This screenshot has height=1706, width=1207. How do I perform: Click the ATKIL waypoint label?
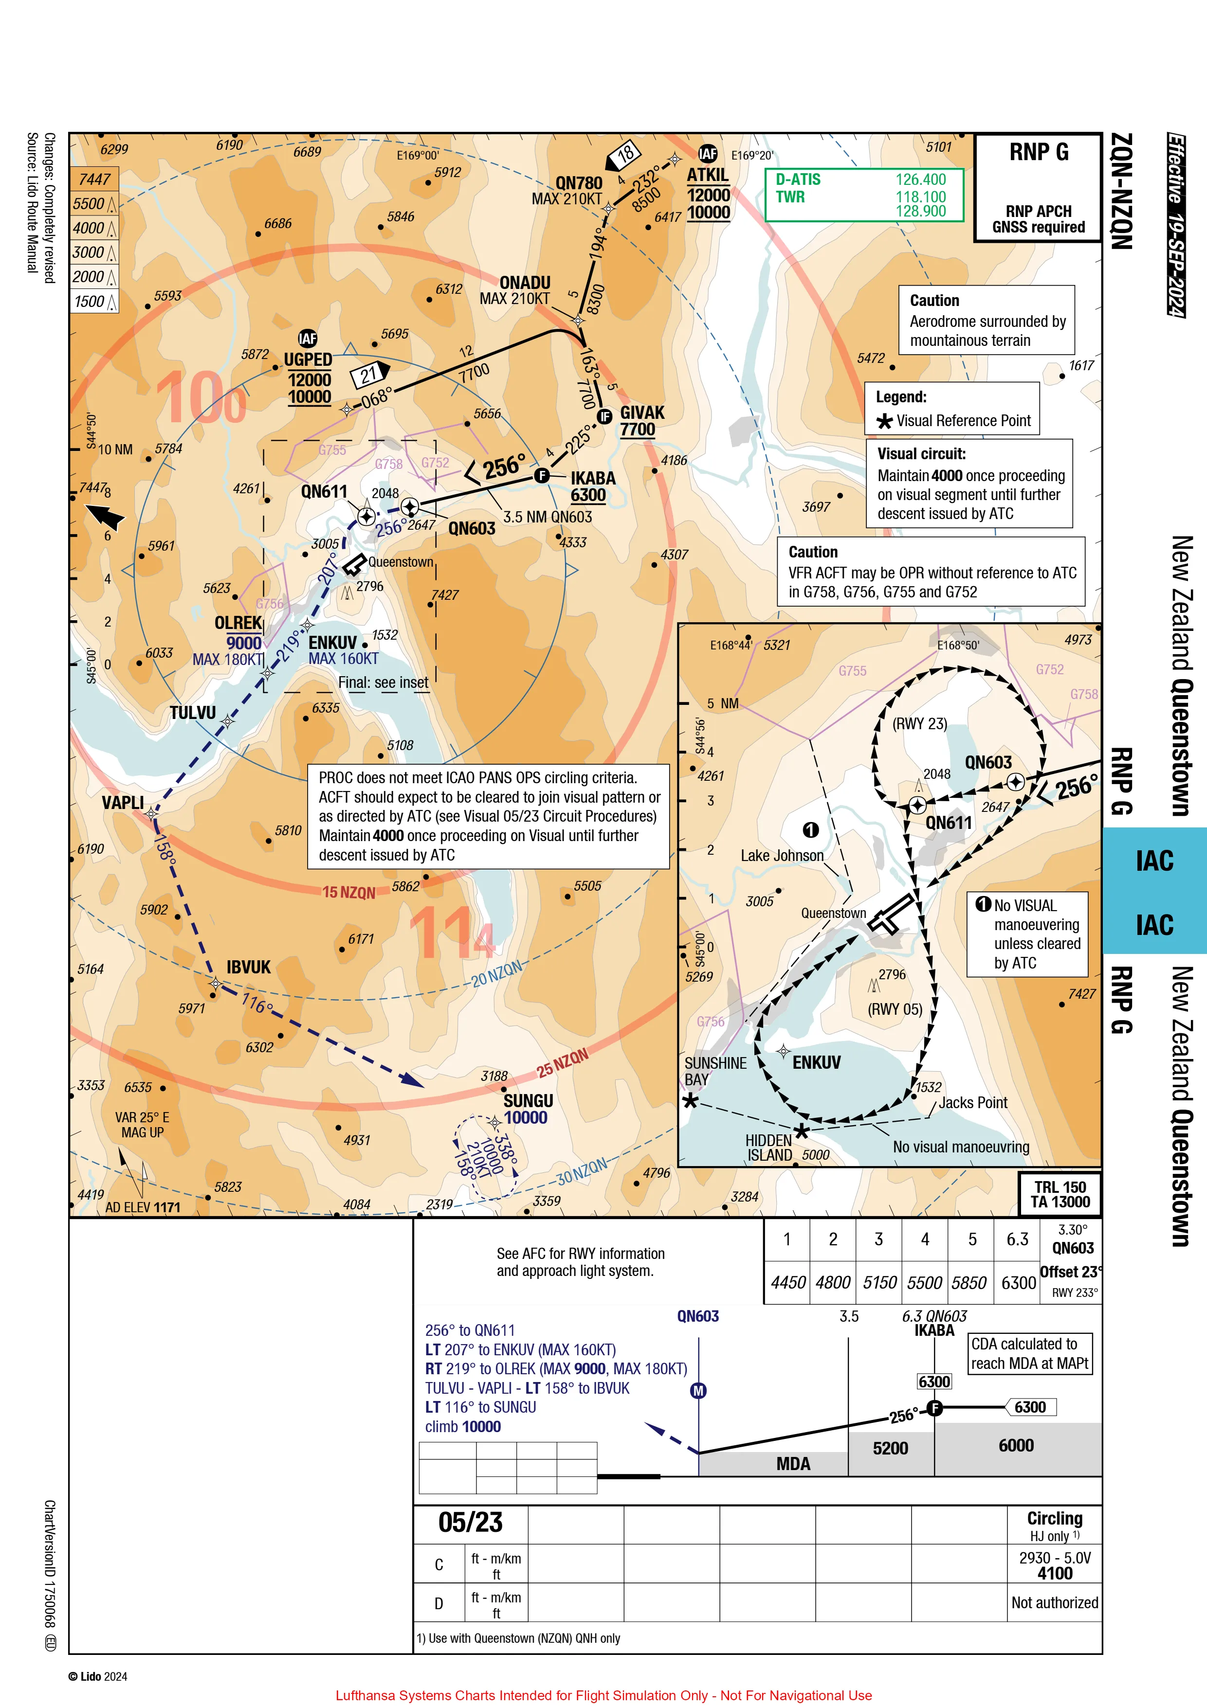[708, 175]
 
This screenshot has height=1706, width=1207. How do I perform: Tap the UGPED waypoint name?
[308, 359]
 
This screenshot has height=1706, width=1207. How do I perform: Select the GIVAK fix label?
[642, 413]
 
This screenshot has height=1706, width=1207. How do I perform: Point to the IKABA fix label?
[593, 478]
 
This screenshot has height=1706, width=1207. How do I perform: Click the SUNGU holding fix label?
[529, 1100]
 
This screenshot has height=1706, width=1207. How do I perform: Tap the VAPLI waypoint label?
[123, 803]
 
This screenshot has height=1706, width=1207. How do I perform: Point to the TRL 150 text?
[1060, 1186]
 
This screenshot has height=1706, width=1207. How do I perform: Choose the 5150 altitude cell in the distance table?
[880, 1282]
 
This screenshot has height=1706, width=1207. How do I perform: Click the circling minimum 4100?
[1055, 1573]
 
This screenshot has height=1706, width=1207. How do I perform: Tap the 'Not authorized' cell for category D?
[1055, 1603]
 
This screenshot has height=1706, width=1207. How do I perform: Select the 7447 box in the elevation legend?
[94, 179]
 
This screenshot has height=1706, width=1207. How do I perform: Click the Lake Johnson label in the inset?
[782, 855]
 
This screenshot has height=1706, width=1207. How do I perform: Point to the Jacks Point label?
[973, 1103]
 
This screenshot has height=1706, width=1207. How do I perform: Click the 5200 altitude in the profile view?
[890, 1448]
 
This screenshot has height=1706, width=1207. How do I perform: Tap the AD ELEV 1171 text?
[143, 1207]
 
